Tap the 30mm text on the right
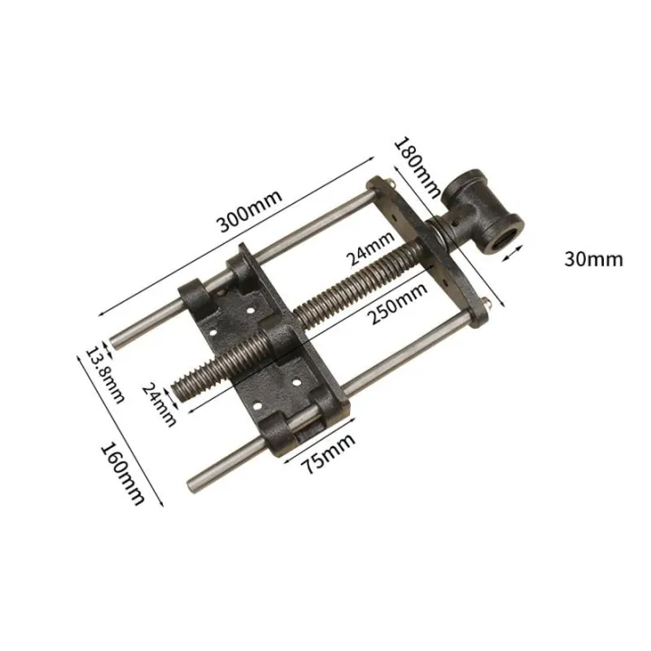point(592,259)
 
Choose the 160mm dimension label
point(121,471)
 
